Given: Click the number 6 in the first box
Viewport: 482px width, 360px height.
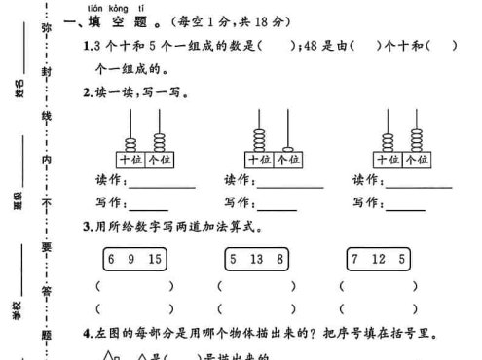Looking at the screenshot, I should coord(111,259).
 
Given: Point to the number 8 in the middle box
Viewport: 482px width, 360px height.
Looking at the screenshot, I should coord(280,259).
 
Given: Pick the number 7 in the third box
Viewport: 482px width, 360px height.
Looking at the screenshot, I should coord(355,259).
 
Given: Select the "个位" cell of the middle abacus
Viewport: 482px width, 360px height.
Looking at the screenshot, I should coord(287,159).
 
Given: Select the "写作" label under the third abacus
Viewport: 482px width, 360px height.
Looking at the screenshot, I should coord(365,202).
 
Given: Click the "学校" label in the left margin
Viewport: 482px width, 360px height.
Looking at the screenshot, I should coord(17,308).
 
